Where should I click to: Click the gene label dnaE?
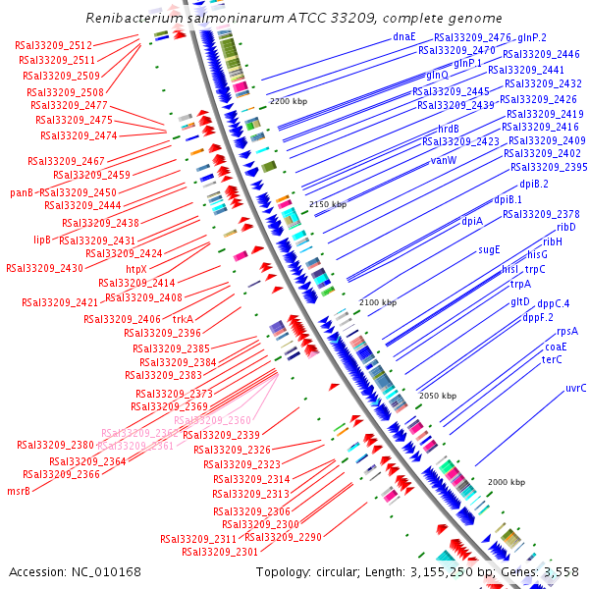[x=403, y=36]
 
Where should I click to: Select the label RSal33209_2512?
[x=54, y=45]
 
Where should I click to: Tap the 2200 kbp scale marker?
[x=289, y=101]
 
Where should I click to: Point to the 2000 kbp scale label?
[x=507, y=482]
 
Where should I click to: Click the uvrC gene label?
[x=575, y=389]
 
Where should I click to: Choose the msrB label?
[x=19, y=491]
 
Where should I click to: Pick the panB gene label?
[x=23, y=192]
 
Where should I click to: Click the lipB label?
[x=42, y=239]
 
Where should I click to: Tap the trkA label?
[x=183, y=319]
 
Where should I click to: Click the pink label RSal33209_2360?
[x=212, y=420]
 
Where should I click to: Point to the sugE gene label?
[x=489, y=249]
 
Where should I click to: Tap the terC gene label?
[x=552, y=359]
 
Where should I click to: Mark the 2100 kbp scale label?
[x=378, y=302]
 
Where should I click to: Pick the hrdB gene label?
[x=449, y=129]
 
